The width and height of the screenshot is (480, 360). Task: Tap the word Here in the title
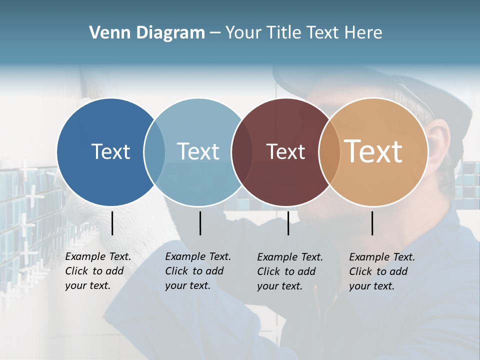[x=363, y=33]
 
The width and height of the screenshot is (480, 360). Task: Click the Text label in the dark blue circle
[x=110, y=151]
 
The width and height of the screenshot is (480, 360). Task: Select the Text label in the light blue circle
[x=198, y=151]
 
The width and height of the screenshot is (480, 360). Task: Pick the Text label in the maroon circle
[x=285, y=151]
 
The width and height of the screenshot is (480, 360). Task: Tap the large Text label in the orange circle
[x=373, y=151]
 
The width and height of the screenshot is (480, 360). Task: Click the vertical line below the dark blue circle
[x=112, y=223]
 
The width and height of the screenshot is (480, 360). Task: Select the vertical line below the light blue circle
[x=200, y=223]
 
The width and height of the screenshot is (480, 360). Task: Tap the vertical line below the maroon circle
[x=288, y=223]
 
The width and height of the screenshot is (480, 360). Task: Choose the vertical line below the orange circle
[x=372, y=223]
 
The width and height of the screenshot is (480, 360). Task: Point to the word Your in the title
[x=244, y=33]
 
